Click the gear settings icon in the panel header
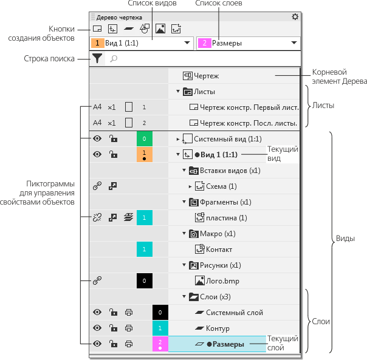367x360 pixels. [x=295, y=17]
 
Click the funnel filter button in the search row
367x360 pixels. [x=97, y=58]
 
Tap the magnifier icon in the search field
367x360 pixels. [x=114, y=58]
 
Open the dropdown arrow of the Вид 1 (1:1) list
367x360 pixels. [x=187, y=43]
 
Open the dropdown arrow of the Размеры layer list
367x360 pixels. [x=294, y=43]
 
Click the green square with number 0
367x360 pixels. [x=145, y=138]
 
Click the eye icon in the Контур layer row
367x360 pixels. [x=97, y=328]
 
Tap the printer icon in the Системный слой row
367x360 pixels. [x=129, y=312]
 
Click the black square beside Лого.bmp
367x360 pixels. [x=145, y=280]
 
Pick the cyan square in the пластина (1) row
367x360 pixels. [x=145, y=217]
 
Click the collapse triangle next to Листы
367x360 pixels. [x=178, y=91]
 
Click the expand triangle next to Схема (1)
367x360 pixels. [x=190, y=186]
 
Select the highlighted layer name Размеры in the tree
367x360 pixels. [x=228, y=344]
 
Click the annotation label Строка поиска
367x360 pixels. [x=49, y=58]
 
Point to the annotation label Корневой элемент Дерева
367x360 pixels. [x=340, y=76]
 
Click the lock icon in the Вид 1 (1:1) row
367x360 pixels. [x=113, y=154]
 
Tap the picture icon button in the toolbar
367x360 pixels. [x=160, y=29]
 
